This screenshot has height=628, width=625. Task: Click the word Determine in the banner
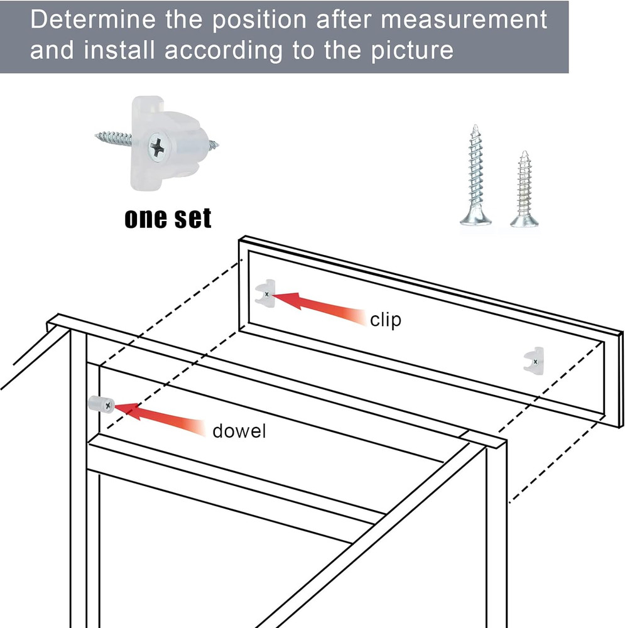[x=93, y=19]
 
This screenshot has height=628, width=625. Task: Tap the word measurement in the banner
[x=464, y=20]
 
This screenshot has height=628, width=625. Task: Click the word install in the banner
[x=119, y=50]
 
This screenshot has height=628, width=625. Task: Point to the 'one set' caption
[x=168, y=219]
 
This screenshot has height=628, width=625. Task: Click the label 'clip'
[x=386, y=320]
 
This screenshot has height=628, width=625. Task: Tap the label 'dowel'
[x=239, y=431]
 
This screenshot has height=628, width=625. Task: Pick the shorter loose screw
[x=524, y=189]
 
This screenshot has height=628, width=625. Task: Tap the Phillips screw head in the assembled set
[x=156, y=148]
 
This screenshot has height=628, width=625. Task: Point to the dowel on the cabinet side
[x=101, y=404]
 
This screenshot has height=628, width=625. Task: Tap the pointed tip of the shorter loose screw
[x=525, y=152]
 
